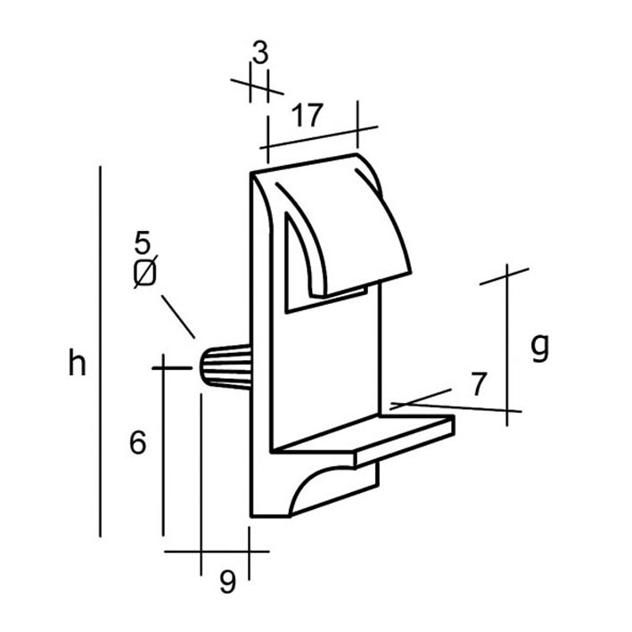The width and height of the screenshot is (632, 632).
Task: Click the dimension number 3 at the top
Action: (260, 53)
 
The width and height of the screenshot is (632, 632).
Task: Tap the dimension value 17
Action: (308, 115)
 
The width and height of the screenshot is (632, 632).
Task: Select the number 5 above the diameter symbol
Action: (143, 242)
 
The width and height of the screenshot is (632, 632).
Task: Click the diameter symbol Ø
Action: (145, 272)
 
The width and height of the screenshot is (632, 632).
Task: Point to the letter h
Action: (77, 363)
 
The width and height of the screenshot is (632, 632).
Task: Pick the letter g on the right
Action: (539, 348)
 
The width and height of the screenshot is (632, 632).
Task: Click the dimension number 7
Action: (479, 384)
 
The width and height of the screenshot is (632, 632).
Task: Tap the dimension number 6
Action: (138, 442)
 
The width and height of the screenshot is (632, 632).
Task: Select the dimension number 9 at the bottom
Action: (227, 581)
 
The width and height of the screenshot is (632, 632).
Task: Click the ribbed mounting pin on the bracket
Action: (226, 366)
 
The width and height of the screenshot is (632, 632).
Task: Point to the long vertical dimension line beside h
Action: (100, 351)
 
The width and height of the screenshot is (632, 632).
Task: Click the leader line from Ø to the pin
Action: (178, 316)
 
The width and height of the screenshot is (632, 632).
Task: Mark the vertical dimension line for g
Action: (507, 345)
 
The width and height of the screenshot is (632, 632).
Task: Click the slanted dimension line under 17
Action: (319, 137)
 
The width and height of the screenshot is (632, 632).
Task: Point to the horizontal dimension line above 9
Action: (217, 551)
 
